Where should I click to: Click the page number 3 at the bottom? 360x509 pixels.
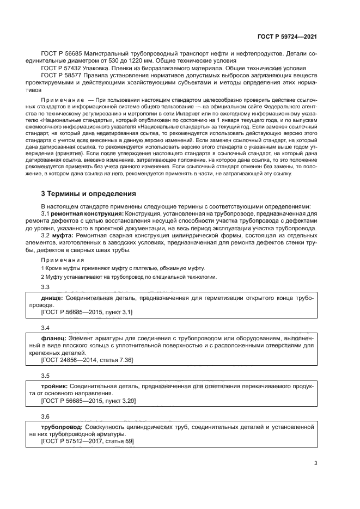click(x=315, y=463)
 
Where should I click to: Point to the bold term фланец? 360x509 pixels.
click(x=54, y=338)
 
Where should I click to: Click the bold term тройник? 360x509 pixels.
click(x=54, y=385)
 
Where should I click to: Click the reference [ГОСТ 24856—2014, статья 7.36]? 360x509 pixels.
click(x=87, y=360)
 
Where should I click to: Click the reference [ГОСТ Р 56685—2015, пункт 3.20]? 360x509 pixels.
click(x=88, y=400)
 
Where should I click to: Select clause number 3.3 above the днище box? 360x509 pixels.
click(x=46, y=287)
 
